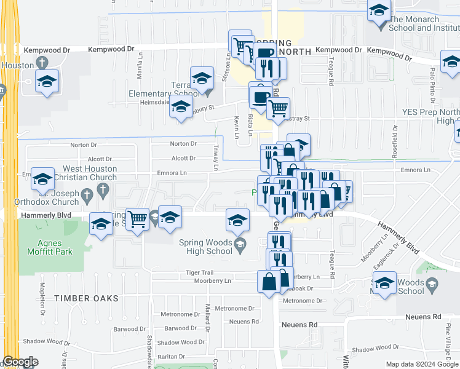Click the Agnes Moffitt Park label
49,247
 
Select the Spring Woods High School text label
205,246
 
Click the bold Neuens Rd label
299,324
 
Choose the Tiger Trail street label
199,272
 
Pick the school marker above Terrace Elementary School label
202,78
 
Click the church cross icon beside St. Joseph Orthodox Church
87,194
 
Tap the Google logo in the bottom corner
20,362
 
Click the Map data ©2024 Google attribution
421,364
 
